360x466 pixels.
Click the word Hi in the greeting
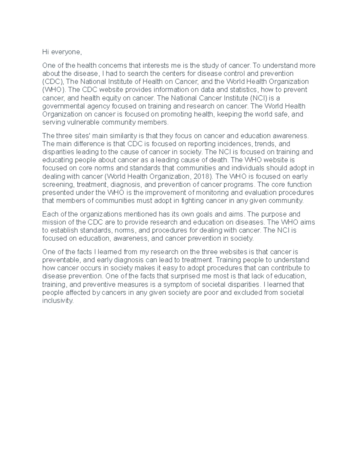click(x=45, y=52)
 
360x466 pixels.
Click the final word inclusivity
click(x=58, y=300)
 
